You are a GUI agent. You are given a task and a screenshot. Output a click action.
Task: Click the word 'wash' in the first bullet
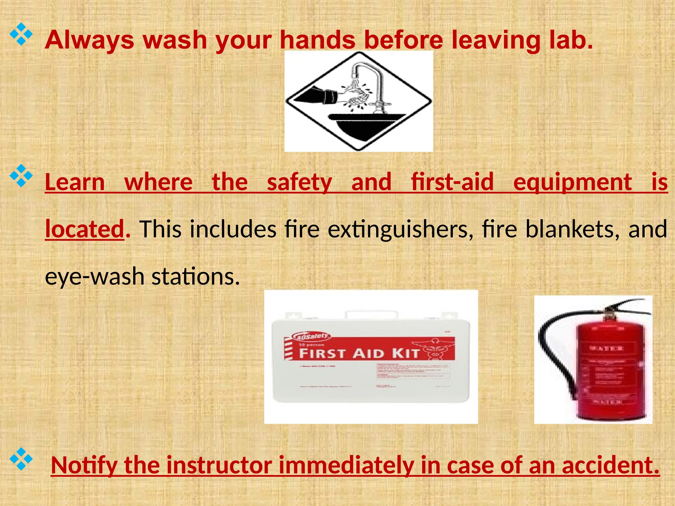(175, 40)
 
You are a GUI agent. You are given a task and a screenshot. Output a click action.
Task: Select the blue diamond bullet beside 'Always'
(21, 34)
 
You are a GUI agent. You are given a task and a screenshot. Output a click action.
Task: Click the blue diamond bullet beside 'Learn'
(21, 176)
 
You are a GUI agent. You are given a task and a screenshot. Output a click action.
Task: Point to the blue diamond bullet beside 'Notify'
(21, 459)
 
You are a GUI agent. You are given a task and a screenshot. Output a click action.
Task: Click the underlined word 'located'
(85, 229)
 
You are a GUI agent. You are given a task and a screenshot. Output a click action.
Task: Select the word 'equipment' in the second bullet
(572, 182)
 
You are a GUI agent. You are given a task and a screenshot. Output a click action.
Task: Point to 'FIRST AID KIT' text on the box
(359, 353)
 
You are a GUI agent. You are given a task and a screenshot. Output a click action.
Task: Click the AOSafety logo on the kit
(311, 336)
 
